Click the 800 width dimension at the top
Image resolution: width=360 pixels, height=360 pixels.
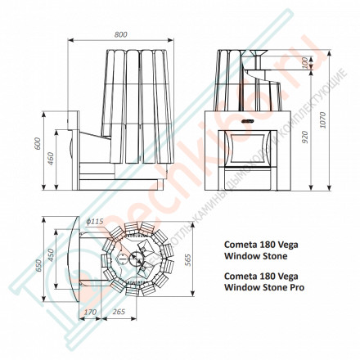pos(121,35)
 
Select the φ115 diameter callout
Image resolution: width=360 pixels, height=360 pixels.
pos(94,221)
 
